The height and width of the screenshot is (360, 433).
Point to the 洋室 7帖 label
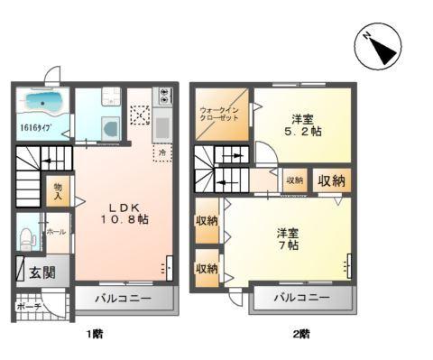289,240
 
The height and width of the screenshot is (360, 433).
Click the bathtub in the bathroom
41,100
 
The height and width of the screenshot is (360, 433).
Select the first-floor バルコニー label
120,298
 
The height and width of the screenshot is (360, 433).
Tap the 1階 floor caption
94,335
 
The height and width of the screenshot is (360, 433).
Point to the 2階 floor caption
301,335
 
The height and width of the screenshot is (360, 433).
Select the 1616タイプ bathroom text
33,128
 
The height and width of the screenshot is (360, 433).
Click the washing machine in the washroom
110,128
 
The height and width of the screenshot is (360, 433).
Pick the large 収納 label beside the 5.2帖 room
331,180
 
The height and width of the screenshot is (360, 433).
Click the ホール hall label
54,232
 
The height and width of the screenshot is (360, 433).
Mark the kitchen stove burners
163,93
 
